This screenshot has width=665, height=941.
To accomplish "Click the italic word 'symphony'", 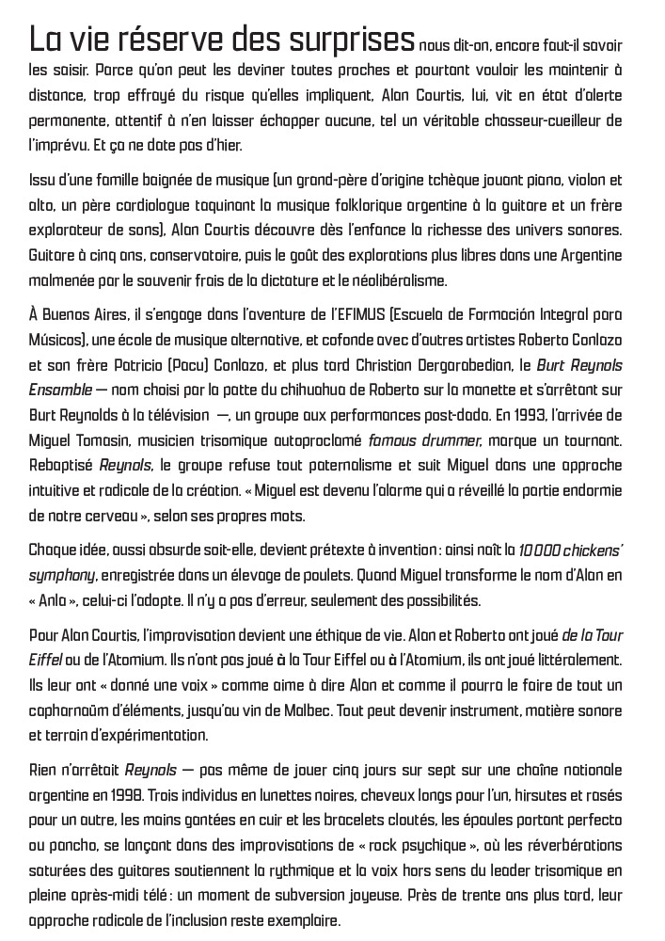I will (x=62, y=575).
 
